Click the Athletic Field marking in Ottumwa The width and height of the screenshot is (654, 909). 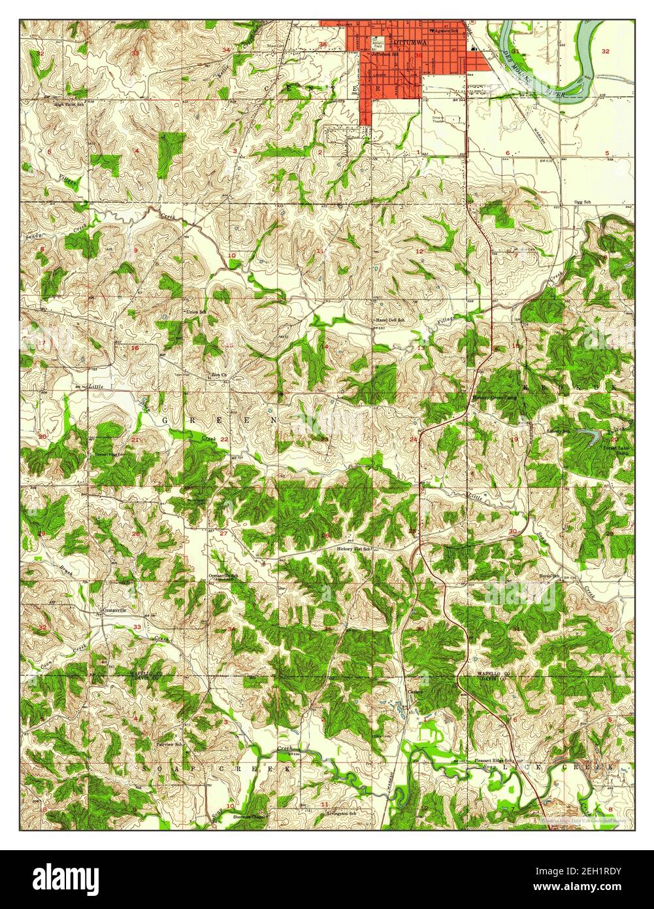tap(378, 44)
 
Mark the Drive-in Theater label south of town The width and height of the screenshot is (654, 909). tap(438, 119)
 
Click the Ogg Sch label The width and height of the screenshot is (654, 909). tap(582, 202)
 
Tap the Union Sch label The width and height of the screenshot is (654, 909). tap(196, 312)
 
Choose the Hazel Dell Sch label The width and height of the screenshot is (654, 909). tap(389, 320)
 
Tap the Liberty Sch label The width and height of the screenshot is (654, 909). tap(558, 432)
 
